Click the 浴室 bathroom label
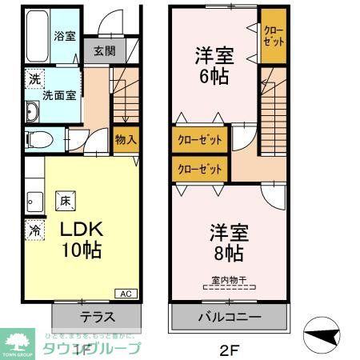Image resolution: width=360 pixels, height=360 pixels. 64,36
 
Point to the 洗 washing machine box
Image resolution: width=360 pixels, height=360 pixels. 34,79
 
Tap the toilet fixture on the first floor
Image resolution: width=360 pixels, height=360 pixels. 40,140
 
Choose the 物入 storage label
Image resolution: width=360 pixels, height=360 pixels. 125,139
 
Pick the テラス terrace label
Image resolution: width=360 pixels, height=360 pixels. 95,315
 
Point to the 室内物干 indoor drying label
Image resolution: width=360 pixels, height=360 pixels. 229,279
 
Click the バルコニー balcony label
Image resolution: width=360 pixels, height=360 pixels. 229,317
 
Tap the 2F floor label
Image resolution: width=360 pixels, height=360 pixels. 227,349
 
